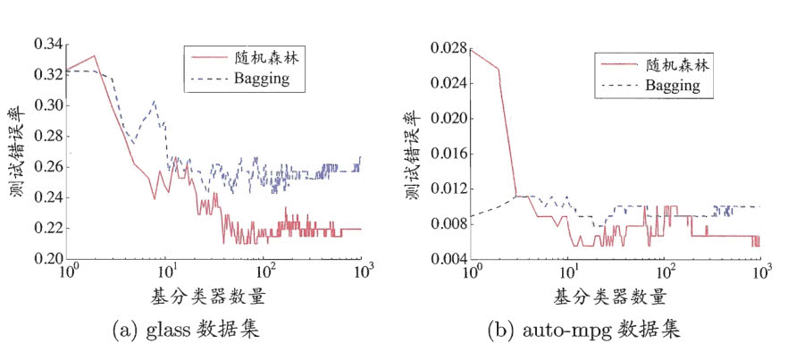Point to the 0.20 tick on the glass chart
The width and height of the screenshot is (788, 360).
(46, 259)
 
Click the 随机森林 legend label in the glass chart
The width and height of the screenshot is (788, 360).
(269, 60)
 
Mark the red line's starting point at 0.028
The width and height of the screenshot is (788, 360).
(471, 49)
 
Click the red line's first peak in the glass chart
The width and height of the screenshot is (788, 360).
(95, 56)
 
